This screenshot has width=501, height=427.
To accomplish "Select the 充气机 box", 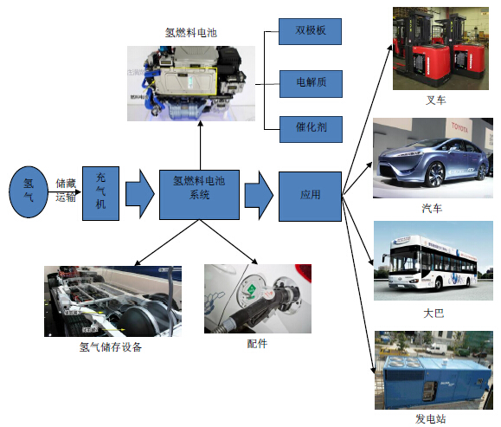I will [x=100, y=193].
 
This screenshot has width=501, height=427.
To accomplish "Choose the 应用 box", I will [x=310, y=196].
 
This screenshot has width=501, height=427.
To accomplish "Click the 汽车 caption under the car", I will [x=432, y=209].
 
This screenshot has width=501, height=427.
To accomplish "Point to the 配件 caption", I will [x=257, y=344].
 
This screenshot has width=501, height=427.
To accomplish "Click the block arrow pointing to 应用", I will [x=257, y=195].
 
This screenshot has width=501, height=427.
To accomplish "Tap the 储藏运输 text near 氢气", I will [x=66, y=190].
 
